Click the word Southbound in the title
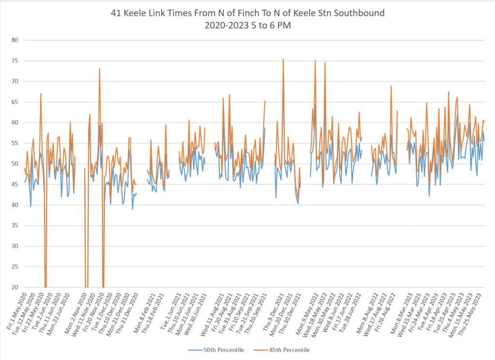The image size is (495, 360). click(x=358, y=13)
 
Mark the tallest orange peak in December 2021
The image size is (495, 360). click(x=283, y=59)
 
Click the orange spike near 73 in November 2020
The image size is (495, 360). click(x=100, y=69)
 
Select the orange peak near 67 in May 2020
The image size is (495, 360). click(x=41, y=93)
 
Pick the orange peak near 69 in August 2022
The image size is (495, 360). click(x=392, y=86)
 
